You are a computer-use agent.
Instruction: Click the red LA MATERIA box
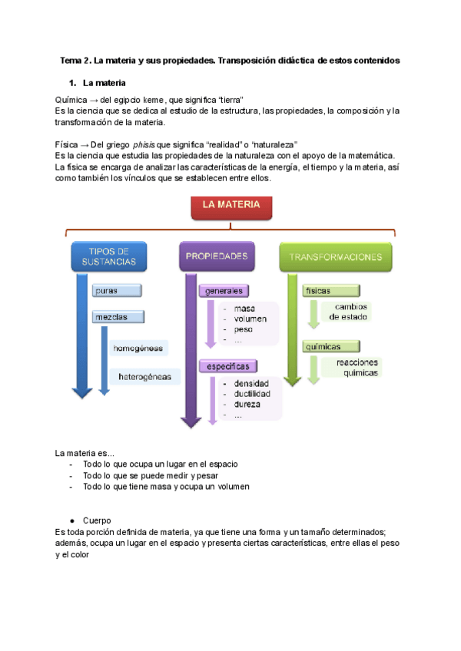point(230,206)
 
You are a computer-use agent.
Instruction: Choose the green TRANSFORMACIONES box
point(335,256)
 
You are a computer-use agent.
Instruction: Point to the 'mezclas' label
point(118,316)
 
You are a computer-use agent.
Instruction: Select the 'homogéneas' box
point(138,348)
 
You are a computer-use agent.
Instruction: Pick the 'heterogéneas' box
point(145,376)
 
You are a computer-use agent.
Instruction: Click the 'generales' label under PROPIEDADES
point(224,291)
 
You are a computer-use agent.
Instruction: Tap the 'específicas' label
point(227,367)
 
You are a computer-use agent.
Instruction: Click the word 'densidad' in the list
point(251,382)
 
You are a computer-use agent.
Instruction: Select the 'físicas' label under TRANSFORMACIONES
point(318,292)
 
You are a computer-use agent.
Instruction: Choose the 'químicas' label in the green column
point(323,347)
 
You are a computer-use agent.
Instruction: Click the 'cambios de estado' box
point(350,311)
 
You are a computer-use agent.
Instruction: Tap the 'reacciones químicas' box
point(351,368)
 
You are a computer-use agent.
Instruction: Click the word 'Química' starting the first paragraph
point(72,100)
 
